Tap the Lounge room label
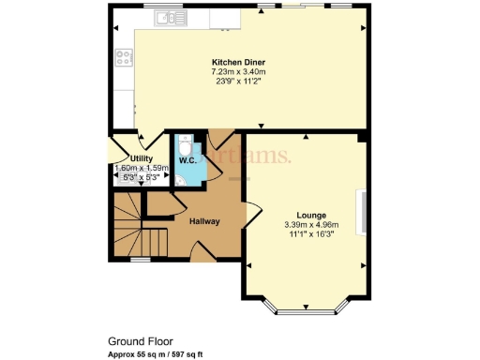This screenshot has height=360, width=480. pyautogui.click(x=311, y=215)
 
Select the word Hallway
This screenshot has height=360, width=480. pyautogui.click(x=204, y=221)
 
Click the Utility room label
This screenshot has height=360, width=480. pyautogui.click(x=142, y=158)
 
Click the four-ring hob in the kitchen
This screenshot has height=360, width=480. pyautogui.click(x=123, y=58)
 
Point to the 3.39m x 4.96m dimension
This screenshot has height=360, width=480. pyautogui.click(x=311, y=224)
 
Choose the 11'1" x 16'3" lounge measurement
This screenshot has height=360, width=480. pyautogui.click(x=311, y=233)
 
